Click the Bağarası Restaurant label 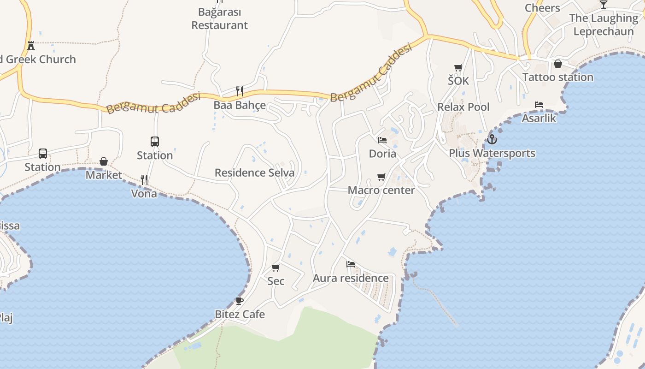point(220,18)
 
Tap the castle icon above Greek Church point(31,46)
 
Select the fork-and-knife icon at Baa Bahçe point(239,91)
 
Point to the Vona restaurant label point(144,194)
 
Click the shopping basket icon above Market point(104,161)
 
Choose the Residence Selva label point(254,173)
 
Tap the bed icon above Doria point(382,140)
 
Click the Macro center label point(381,190)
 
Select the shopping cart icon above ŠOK point(458,68)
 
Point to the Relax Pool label point(463,107)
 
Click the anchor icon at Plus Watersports point(492,139)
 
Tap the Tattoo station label point(558,77)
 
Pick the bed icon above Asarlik point(539,105)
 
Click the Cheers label point(542,8)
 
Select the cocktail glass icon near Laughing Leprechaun point(604,5)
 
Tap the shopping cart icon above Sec point(276,268)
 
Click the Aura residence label point(351,278)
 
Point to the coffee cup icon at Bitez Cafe point(240,301)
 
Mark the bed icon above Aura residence point(351,264)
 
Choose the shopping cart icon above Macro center point(381,177)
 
